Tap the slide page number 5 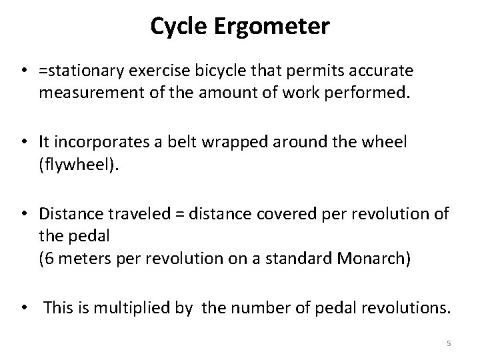pos(449,343)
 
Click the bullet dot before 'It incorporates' pos(24,142)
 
